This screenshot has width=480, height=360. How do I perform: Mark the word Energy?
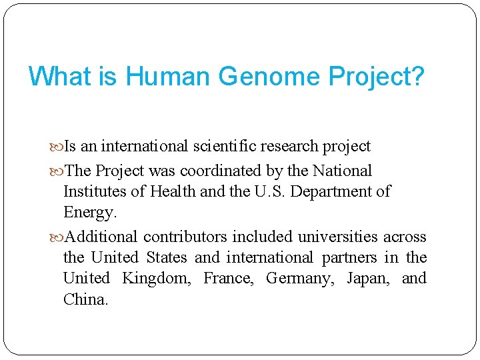pyautogui.click(x=90, y=213)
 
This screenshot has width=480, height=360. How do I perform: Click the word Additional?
pyautogui.click(x=102, y=237)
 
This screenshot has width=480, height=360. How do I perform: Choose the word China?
pyautogui.click(x=85, y=299)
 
